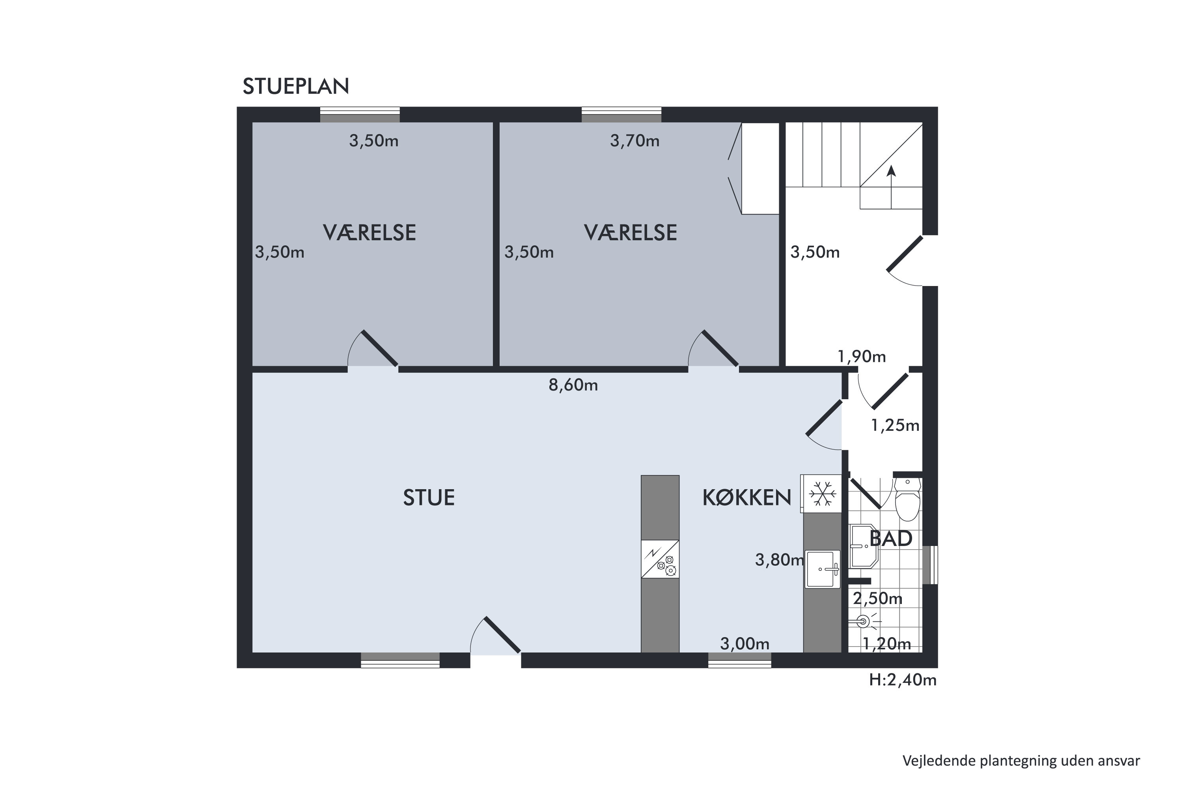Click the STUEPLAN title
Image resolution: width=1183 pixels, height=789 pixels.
pos(296,86)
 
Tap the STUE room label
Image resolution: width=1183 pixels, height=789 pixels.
pos(429,497)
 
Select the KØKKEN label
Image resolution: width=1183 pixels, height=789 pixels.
pos(746,497)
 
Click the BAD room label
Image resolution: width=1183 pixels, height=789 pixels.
pos(891,539)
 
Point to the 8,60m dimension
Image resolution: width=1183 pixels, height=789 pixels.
pos(573,385)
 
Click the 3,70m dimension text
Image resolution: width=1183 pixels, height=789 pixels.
pos(635,141)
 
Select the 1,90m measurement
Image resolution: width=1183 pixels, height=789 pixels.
pos(862,357)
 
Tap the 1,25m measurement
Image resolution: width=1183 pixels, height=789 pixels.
pos(895,426)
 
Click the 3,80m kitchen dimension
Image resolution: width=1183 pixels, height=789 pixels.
pos(780,560)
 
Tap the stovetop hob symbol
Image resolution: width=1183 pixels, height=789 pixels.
pos(660,559)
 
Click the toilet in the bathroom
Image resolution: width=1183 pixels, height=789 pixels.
pos(907,499)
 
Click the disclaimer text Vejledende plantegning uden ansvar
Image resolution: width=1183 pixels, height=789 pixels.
pos(1021,761)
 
